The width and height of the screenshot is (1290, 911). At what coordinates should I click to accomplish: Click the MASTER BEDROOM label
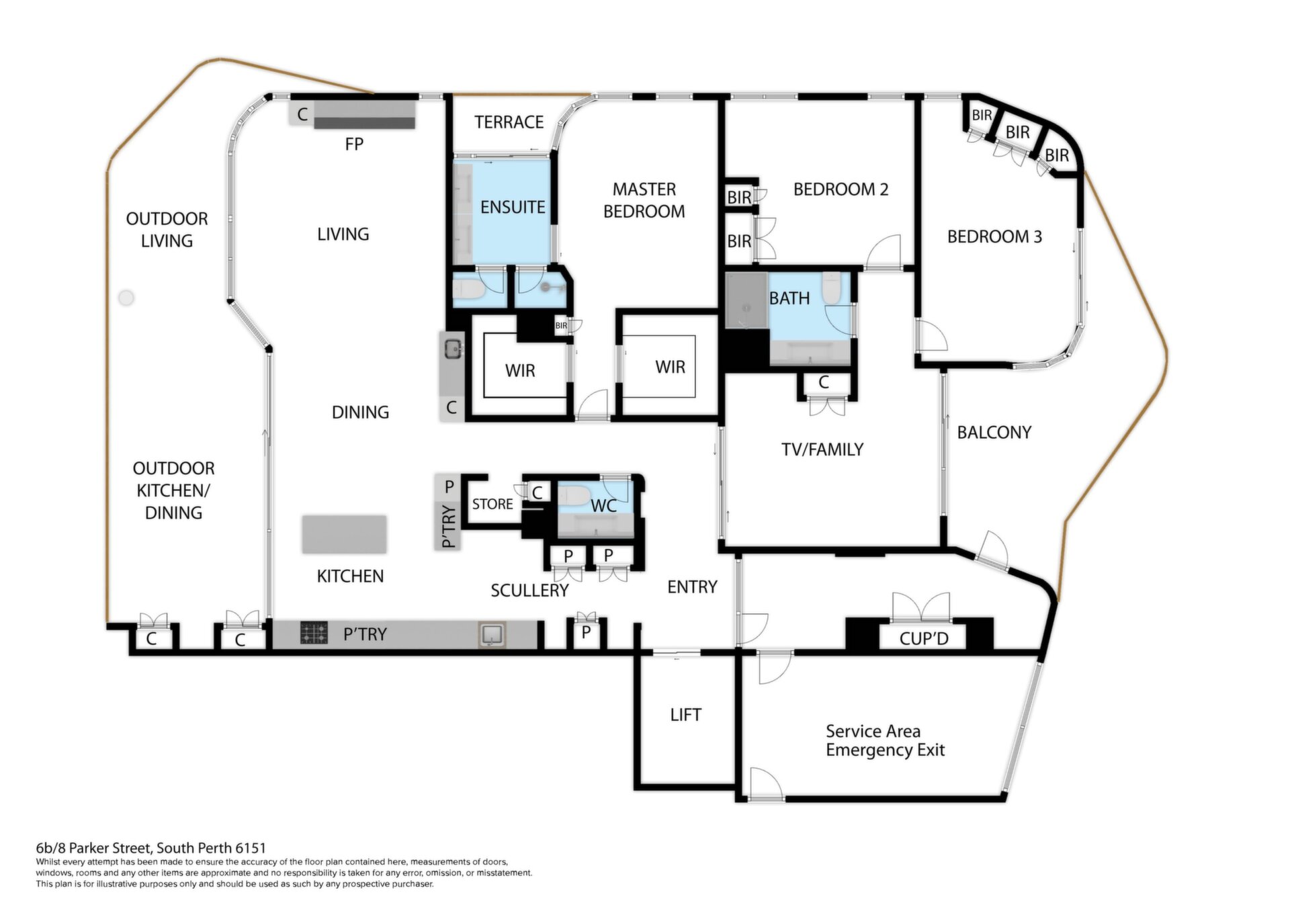pyautogui.click(x=644, y=200)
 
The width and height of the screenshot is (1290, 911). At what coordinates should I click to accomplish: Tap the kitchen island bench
pyautogui.click(x=344, y=535)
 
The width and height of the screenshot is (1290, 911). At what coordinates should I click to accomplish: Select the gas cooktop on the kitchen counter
pyautogui.click(x=314, y=633)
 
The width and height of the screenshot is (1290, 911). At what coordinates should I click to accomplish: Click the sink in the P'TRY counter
pyautogui.click(x=492, y=634)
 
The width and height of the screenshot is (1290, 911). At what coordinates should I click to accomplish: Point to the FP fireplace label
pyautogui.click(x=353, y=144)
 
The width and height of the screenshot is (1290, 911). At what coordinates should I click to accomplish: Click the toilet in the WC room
pyautogui.click(x=575, y=496)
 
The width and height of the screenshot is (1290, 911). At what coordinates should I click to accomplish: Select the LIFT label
pyautogui.click(x=685, y=715)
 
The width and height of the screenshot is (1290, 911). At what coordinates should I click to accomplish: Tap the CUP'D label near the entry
pyautogui.click(x=923, y=638)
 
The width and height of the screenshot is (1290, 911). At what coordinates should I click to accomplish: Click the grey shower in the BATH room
pyautogui.click(x=746, y=300)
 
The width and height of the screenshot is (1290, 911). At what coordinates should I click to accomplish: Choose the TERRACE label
pyautogui.click(x=509, y=122)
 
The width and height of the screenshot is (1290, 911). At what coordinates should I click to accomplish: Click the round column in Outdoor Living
pyautogui.click(x=126, y=298)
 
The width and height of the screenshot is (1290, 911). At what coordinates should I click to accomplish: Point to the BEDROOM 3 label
pyautogui.click(x=994, y=236)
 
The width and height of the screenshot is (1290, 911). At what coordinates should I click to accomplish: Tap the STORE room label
pyautogui.click(x=492, y=504)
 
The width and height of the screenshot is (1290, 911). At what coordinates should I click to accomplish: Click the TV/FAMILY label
pyautogui.click(x=822, y=449)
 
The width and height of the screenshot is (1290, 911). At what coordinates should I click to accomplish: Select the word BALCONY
pyautogui.click(x=994, y=433)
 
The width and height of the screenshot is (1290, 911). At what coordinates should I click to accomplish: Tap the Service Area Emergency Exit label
pyautogui.click(x=884, y=740)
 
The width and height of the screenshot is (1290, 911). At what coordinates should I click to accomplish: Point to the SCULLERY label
pyautogui.click(x=529, y=591)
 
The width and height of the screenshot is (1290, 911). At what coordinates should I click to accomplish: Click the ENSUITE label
pyautogui.click(x=512, y=207)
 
